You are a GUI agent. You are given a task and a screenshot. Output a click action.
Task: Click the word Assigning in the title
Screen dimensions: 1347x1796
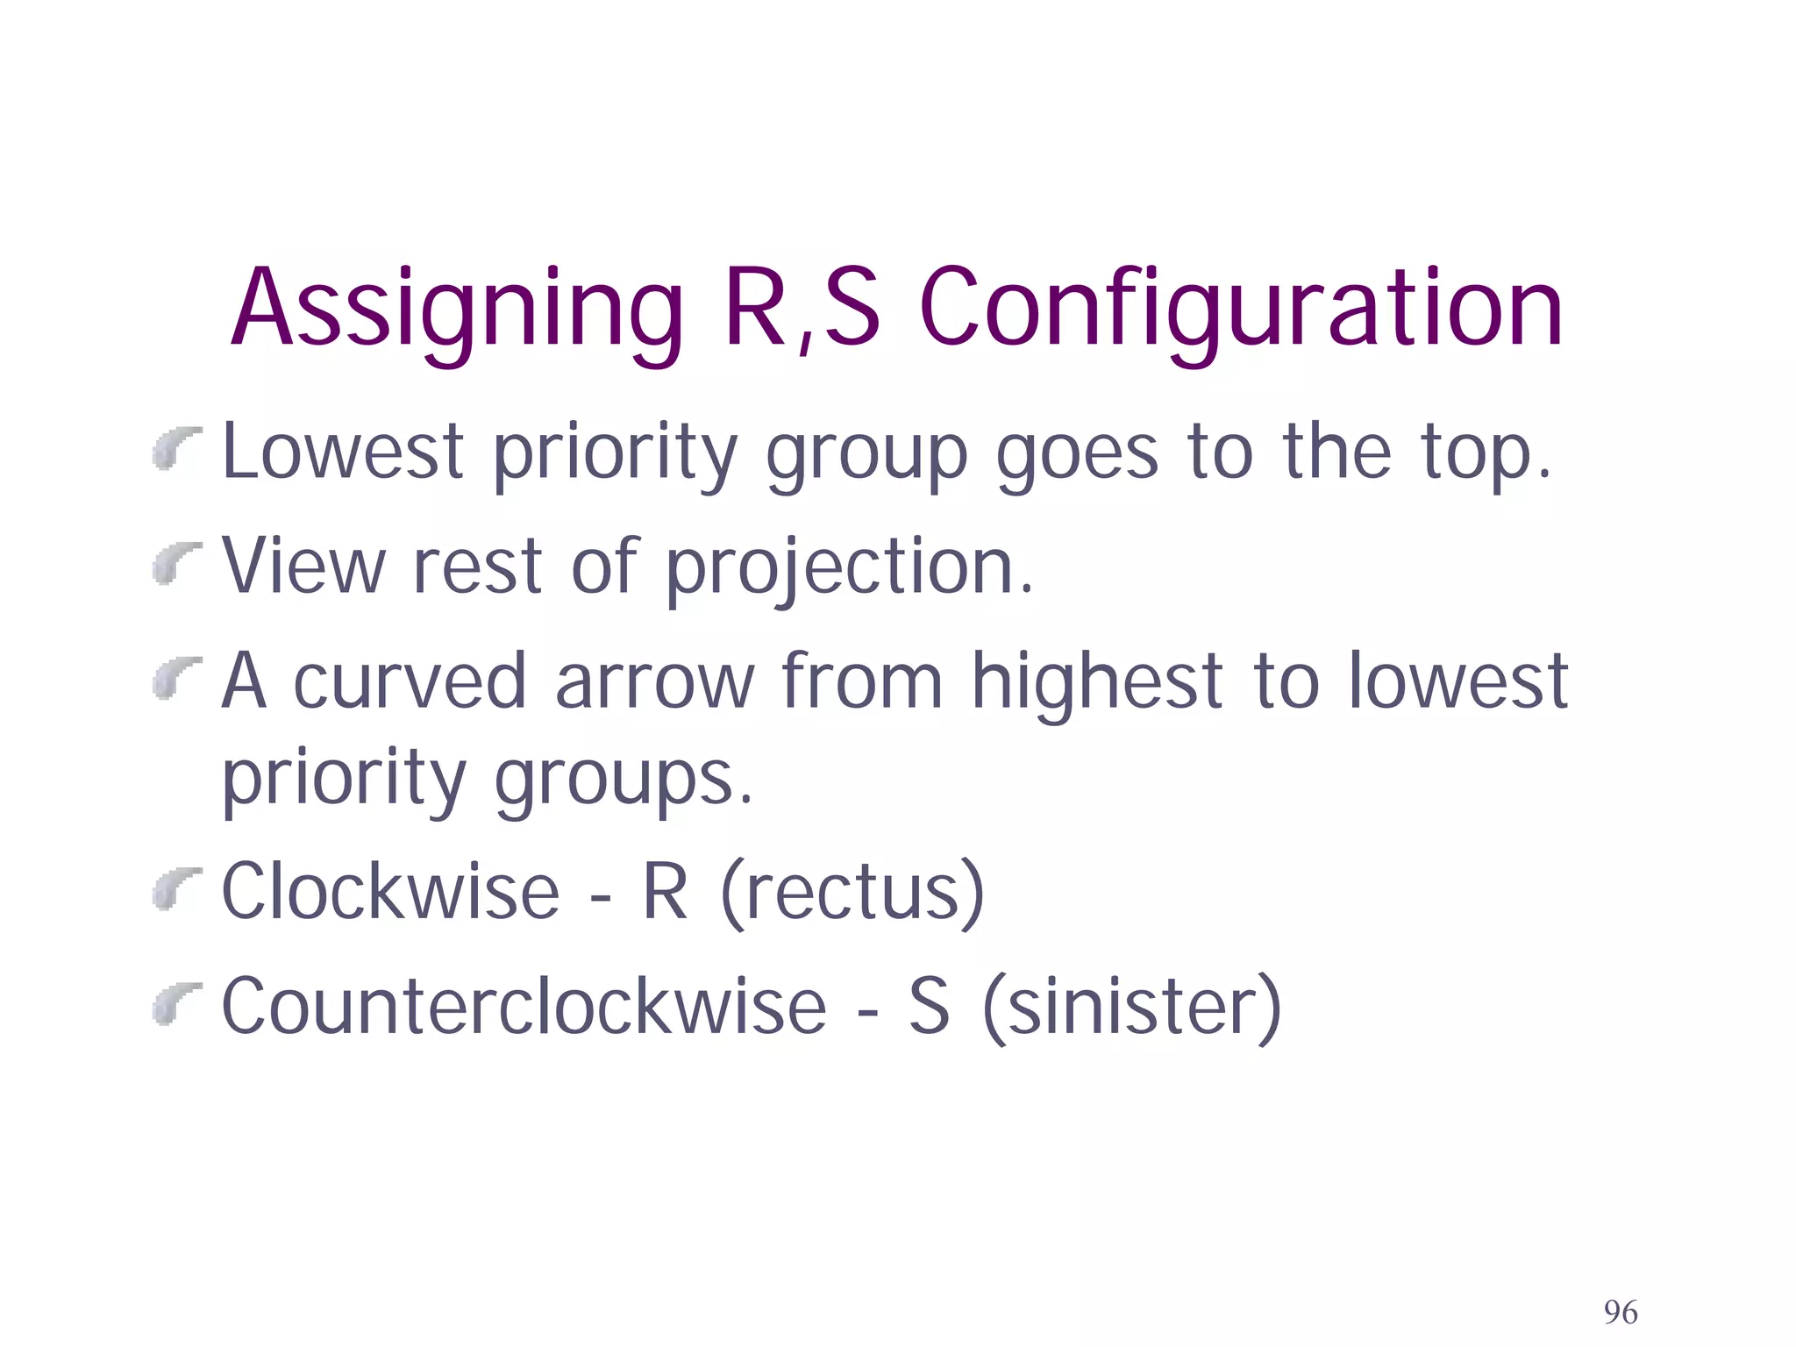point(457,311)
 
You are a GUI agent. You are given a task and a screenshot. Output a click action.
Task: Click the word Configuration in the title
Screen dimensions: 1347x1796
point(1241,311)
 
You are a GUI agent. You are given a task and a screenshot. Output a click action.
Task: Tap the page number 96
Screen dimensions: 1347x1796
point(1621,1312)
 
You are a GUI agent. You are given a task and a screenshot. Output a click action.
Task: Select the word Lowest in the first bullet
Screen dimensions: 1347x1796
point(343,452)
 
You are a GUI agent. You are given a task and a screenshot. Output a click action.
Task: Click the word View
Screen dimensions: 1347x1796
point(303,567)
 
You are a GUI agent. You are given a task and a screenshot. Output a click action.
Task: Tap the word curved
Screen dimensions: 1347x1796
point(409,681)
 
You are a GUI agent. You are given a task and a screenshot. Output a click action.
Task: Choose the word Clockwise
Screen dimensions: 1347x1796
point(390,892)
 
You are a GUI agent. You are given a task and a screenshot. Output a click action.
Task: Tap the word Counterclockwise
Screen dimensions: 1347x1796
point(524,1007)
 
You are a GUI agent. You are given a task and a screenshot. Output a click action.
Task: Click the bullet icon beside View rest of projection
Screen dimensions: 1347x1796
point(176,562)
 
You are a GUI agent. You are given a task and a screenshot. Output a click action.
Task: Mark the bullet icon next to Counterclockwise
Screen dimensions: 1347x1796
point(176,1002)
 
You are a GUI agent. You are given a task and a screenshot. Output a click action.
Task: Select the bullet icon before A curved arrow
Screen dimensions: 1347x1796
point(176,677)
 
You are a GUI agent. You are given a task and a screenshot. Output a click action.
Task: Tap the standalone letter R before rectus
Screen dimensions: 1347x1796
point(665,892)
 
